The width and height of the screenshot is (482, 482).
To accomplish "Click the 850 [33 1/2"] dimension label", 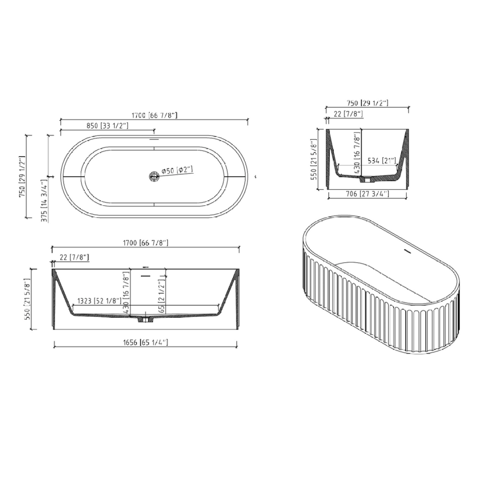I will tap(108, 126).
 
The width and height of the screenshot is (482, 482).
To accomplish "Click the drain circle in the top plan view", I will tap(154, 176).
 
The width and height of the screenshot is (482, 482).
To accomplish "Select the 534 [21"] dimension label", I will tap(381, 161).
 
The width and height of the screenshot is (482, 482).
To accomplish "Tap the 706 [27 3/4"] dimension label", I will tap(367, 193).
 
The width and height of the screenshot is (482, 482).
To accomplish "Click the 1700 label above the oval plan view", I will tap(155, 115).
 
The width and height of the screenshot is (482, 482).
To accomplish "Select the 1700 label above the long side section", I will tap(145, 243).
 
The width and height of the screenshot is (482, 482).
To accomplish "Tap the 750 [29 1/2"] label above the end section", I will tap(367, 103).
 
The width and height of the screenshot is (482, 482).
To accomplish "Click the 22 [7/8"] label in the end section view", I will tap(347, 114).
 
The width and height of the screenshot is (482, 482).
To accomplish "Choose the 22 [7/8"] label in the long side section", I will tap(74, 257).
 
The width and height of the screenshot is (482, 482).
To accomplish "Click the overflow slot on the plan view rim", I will tap(154, 139).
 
